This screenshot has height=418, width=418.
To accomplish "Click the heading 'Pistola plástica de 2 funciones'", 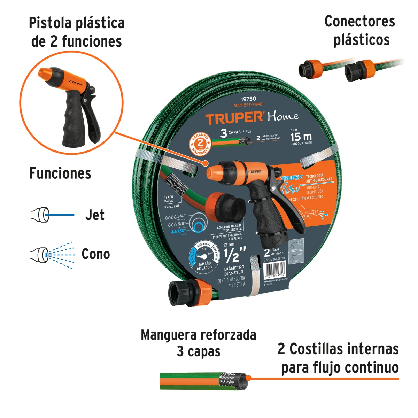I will tap(77, 32).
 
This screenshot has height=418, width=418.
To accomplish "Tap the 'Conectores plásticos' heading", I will tap(360, 31).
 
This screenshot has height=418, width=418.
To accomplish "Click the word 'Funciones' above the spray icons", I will tap(60, 173).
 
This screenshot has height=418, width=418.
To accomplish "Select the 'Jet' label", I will tap(95, 215).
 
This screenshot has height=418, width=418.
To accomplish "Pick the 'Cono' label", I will tap(96, 254).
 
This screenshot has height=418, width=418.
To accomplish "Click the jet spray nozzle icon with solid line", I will tap(52, 215).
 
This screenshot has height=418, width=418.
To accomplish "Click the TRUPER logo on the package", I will tap(235, 118).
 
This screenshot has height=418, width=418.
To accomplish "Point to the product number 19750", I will tap(248, 99).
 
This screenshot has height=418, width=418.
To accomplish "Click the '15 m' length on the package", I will tap(301, 137).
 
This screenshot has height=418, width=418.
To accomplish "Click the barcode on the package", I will tap(276, 269).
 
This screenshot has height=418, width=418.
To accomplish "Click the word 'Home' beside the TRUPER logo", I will tap(283, 116).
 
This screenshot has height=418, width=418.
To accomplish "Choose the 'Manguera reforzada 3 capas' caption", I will tap(199, 343).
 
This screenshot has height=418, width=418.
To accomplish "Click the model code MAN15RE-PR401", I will tap(248, 104).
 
